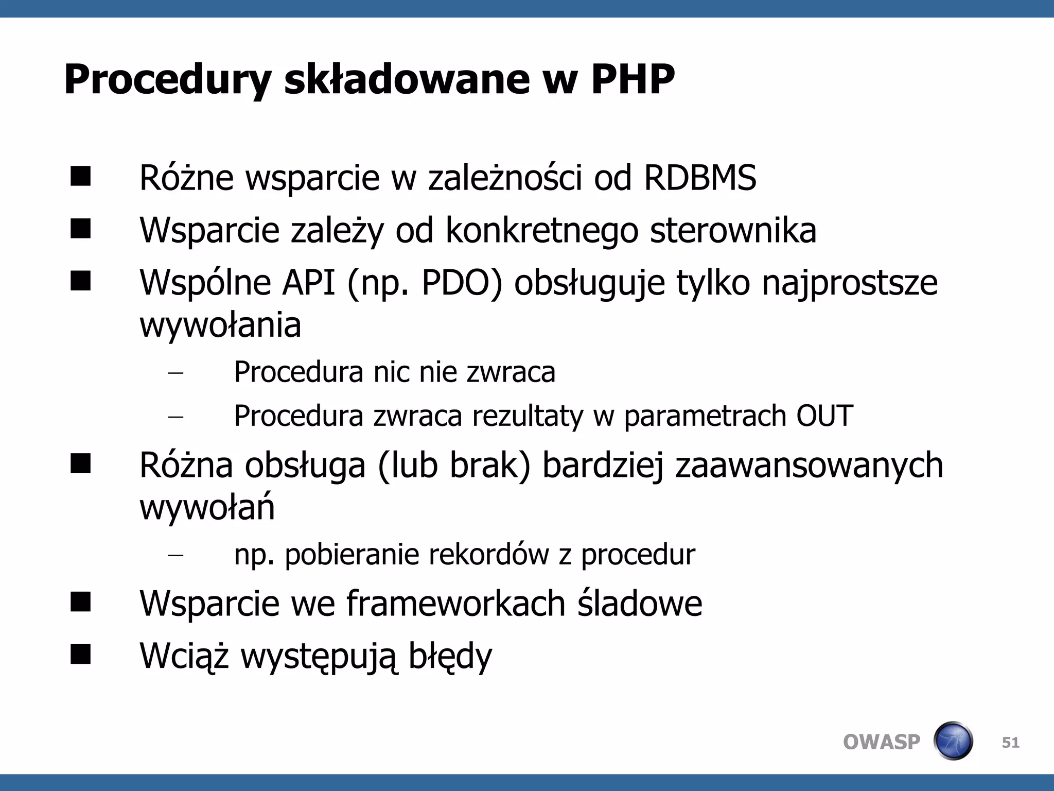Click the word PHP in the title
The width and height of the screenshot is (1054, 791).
(633, 80)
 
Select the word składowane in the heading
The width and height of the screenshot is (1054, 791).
(407, 80)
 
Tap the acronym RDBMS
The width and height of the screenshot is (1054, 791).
(700, 178)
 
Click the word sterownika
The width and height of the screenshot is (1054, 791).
(733, 231)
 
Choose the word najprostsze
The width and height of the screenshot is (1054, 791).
(850, 284)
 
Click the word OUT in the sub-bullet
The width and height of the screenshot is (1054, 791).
(824, 416)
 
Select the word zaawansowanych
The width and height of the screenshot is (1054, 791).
(809, 466)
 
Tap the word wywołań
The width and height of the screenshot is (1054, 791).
(207, 508)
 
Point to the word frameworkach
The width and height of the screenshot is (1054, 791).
(455, 604)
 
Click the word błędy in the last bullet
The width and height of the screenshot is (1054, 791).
(450, 657)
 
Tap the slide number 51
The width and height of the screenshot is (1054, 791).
(1010, 742)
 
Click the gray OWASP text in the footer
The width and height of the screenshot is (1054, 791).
(881, 742)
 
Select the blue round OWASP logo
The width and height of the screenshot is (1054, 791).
(953, 741)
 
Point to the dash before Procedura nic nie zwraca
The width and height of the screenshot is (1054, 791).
(175, 373)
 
